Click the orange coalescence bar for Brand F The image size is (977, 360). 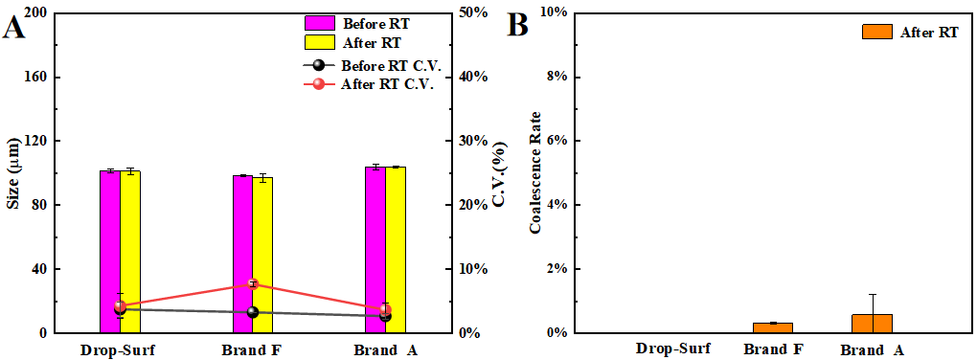[772, 327]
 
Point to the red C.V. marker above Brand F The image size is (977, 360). [253, 284]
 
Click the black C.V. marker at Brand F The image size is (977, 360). [253, 312]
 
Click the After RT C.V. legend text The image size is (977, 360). [388, 83]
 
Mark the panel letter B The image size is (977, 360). [517, 26]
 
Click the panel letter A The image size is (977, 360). [14, 26]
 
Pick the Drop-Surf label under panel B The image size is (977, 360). [673, 349]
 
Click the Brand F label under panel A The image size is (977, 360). [253, 349]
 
